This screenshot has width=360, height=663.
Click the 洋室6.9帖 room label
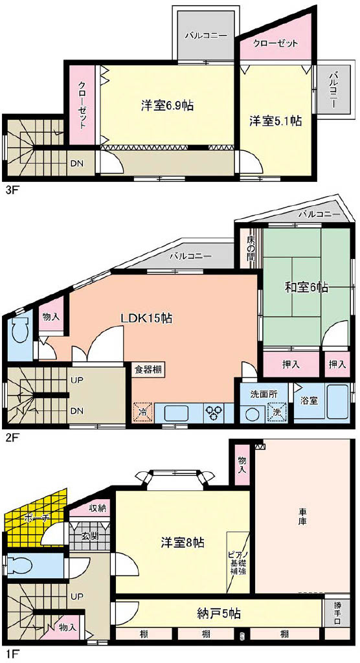tap(167, 106)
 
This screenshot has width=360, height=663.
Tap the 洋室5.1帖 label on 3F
tap(275, 121)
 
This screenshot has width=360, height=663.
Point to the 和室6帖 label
tap(306, 288)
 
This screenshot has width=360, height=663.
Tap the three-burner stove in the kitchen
tap(216, 412)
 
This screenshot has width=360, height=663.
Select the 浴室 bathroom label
tap(309, 401)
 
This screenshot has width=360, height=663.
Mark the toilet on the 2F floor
tap(20, 332)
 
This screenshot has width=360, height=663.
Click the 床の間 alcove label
tap(251, 248)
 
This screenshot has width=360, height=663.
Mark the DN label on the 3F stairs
tap(76, 164)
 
